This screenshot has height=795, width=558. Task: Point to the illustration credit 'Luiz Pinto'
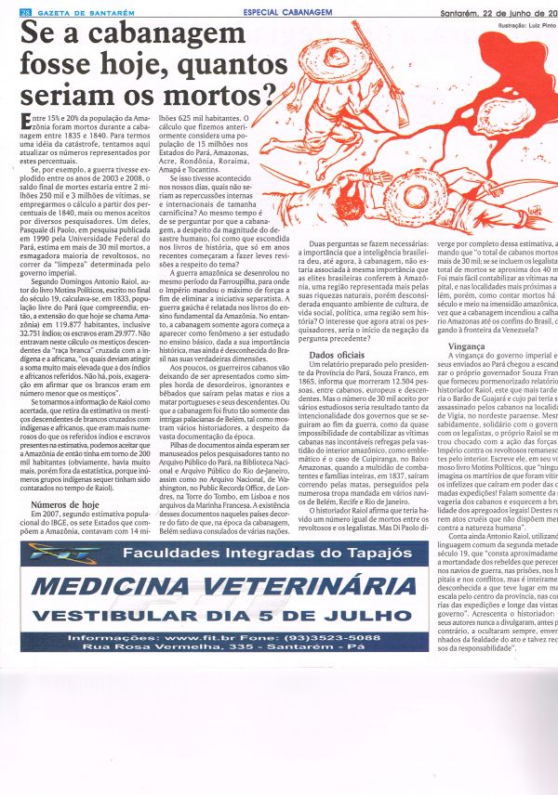pos(530,25)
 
